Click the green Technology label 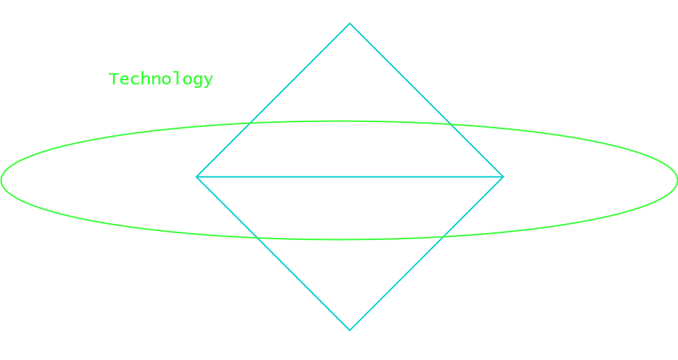point(161,79)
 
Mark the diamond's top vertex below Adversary point(349,24)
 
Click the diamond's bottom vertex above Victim point(349,330)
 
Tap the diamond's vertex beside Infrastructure point(197,177)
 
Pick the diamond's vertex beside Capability point(503,177)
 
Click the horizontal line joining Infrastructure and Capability point(350,177)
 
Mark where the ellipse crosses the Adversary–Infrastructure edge point(249,125)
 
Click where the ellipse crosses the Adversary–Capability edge point(450,125)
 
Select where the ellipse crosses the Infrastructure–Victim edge point(257,237)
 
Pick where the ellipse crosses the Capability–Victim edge point(443,237)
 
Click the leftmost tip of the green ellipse point(2,179)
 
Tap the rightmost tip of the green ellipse point(676,179)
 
